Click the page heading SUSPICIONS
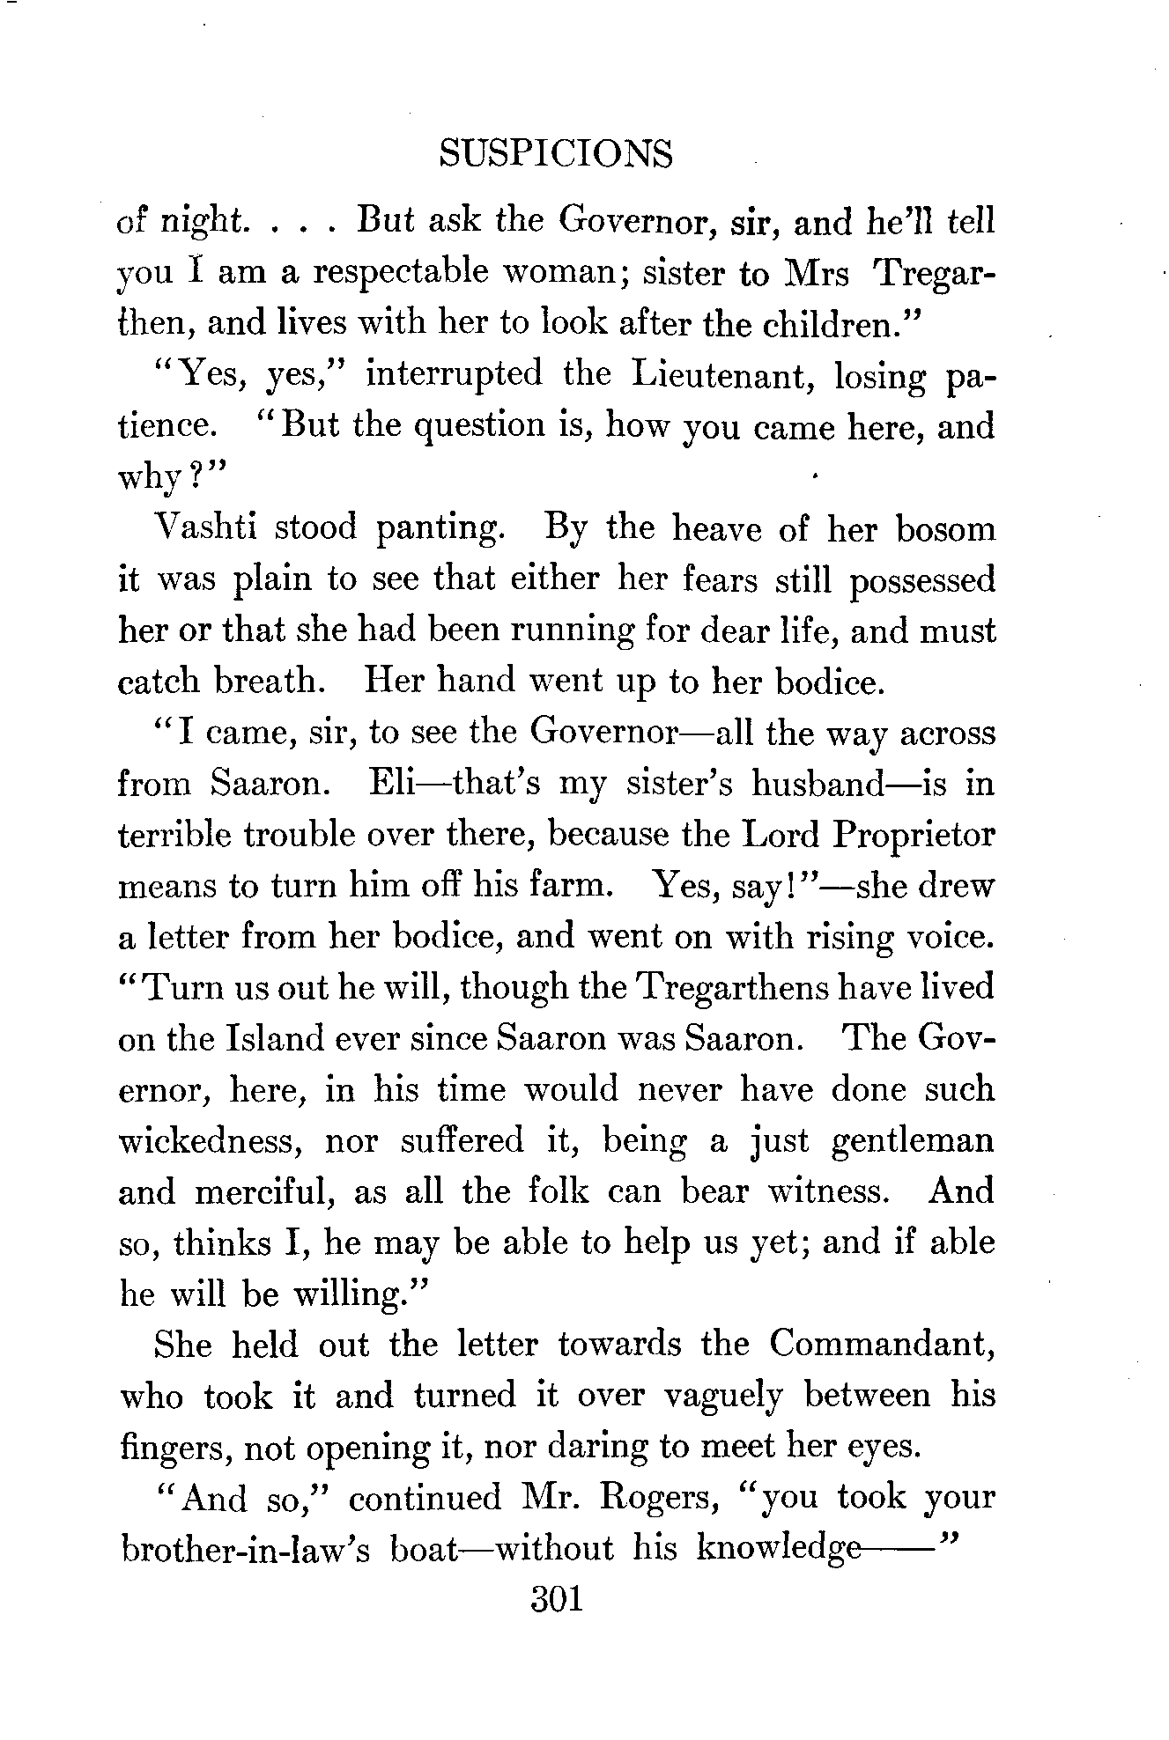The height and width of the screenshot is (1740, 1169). (x=555, y=154)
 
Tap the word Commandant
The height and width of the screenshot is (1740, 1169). (x=881, y=1345)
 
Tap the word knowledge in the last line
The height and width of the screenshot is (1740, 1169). (x=778, y=1549)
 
